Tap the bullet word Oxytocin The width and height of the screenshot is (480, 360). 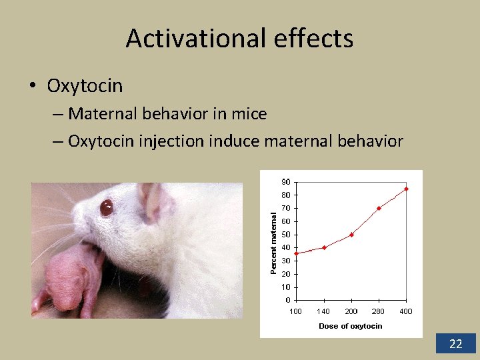coord(85,85)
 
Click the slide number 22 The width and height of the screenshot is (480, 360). coord(456,344)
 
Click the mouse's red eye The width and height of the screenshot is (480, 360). coord(107,208)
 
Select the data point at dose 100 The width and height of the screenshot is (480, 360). coord(296,253)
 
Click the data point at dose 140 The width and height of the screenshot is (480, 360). coord(324,247)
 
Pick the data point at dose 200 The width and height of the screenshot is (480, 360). coord(351,235)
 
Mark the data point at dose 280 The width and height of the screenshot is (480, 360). coord(379,208)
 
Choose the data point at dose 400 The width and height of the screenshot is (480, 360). coord(406,189)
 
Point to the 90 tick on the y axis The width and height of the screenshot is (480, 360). coord(285,182)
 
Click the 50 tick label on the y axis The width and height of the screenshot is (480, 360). coord(285,235)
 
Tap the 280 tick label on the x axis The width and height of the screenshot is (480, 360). coord(378,311)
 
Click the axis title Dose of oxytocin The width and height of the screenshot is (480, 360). coord(351,326)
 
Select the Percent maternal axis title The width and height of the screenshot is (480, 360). coord(273,241)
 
